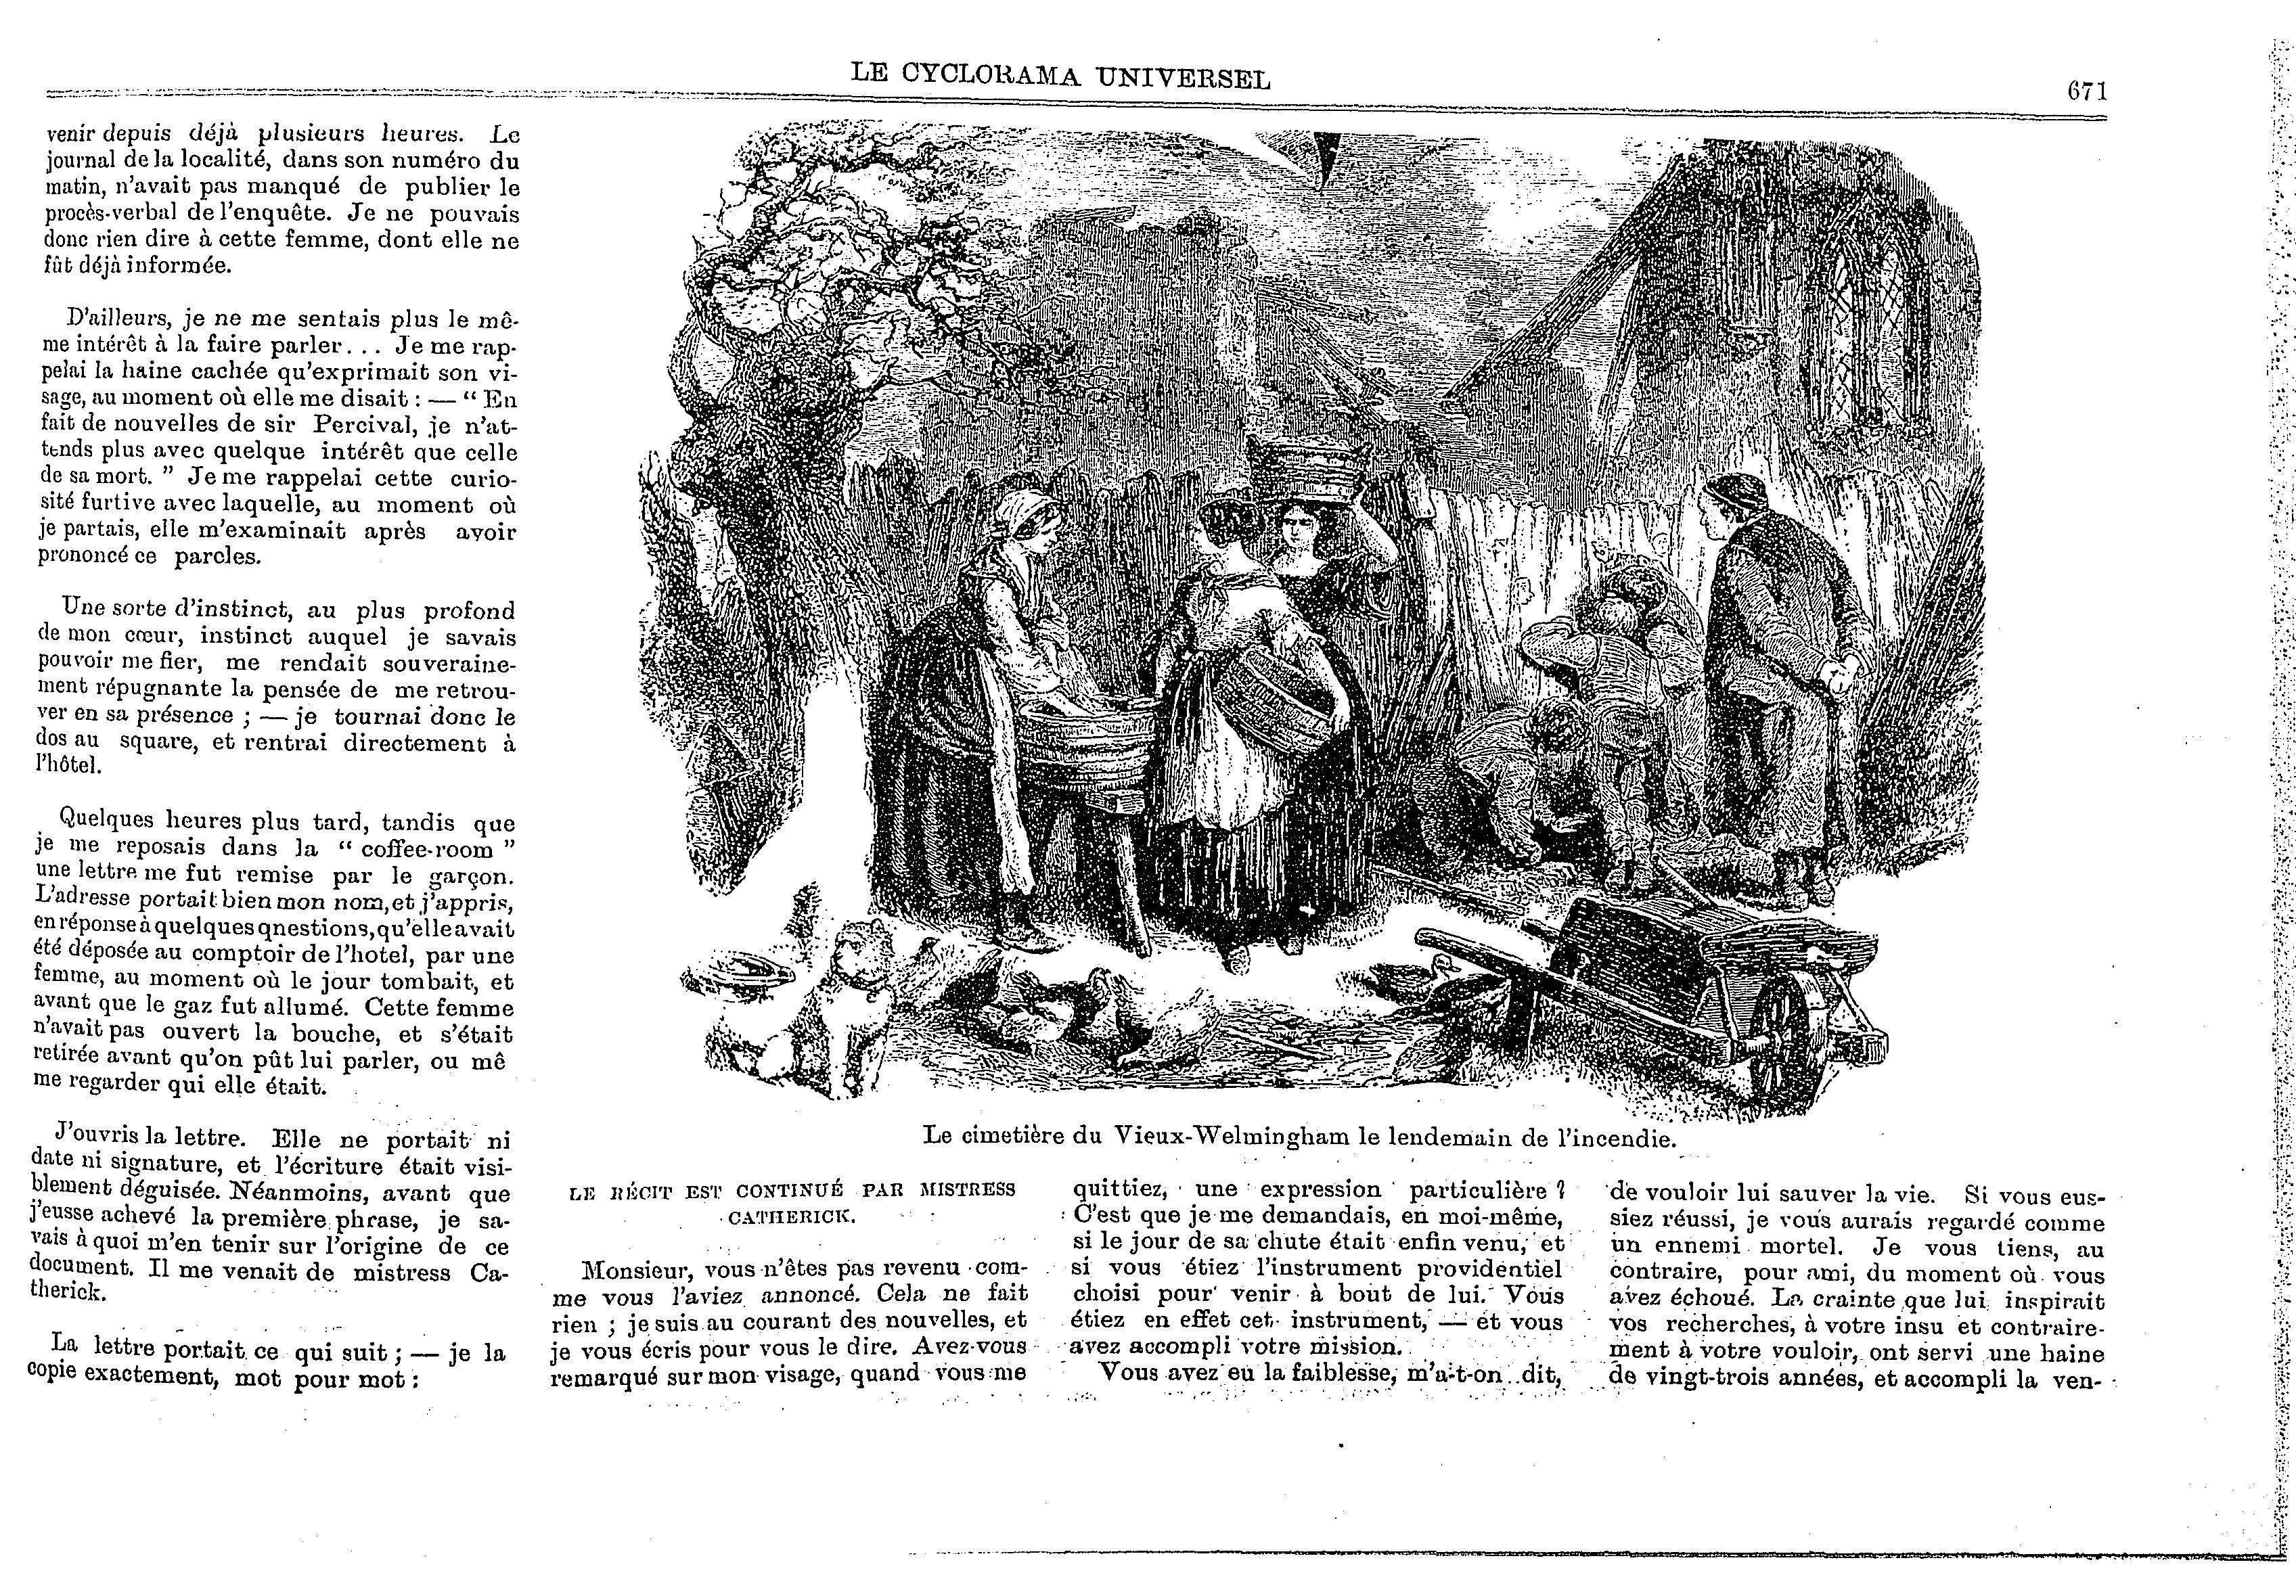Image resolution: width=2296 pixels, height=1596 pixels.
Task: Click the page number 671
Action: pyautogui.click(x=2087, y=91)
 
